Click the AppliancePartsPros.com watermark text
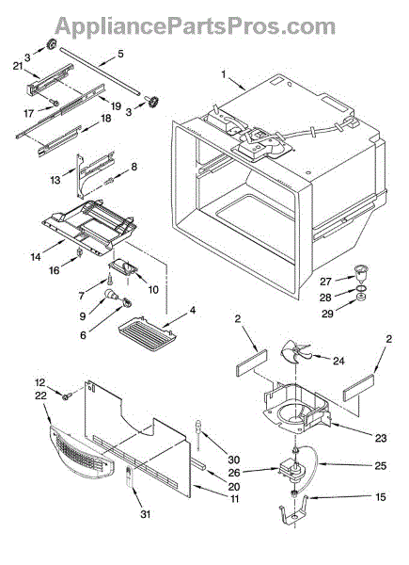[195, 26]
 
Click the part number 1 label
[224, 74]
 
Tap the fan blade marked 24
[294, 353]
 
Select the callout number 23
[381, 438]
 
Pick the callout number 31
[145, 514]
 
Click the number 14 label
[36, 257]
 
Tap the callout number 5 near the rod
[120, 54]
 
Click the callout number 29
[327, 314]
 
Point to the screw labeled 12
[66, 396]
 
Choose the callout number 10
[153, 289]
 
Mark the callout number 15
[380, 497]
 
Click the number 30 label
[234, 460]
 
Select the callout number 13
[55, 180]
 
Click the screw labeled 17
[55, 103]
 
